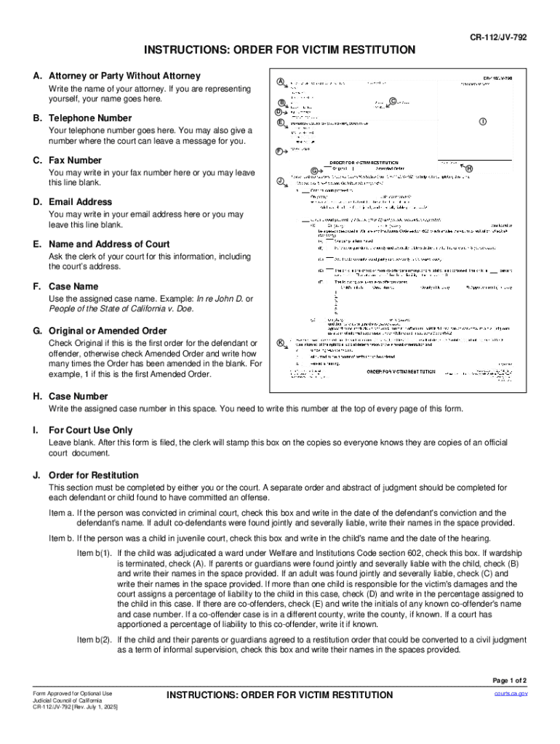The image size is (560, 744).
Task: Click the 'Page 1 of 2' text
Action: pyautogui.click(x=509, y=681)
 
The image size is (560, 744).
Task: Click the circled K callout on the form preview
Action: pyautogui.click(x=281, y=343)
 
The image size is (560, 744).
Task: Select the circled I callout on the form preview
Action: pyautogui.click(x=482, y=121)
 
